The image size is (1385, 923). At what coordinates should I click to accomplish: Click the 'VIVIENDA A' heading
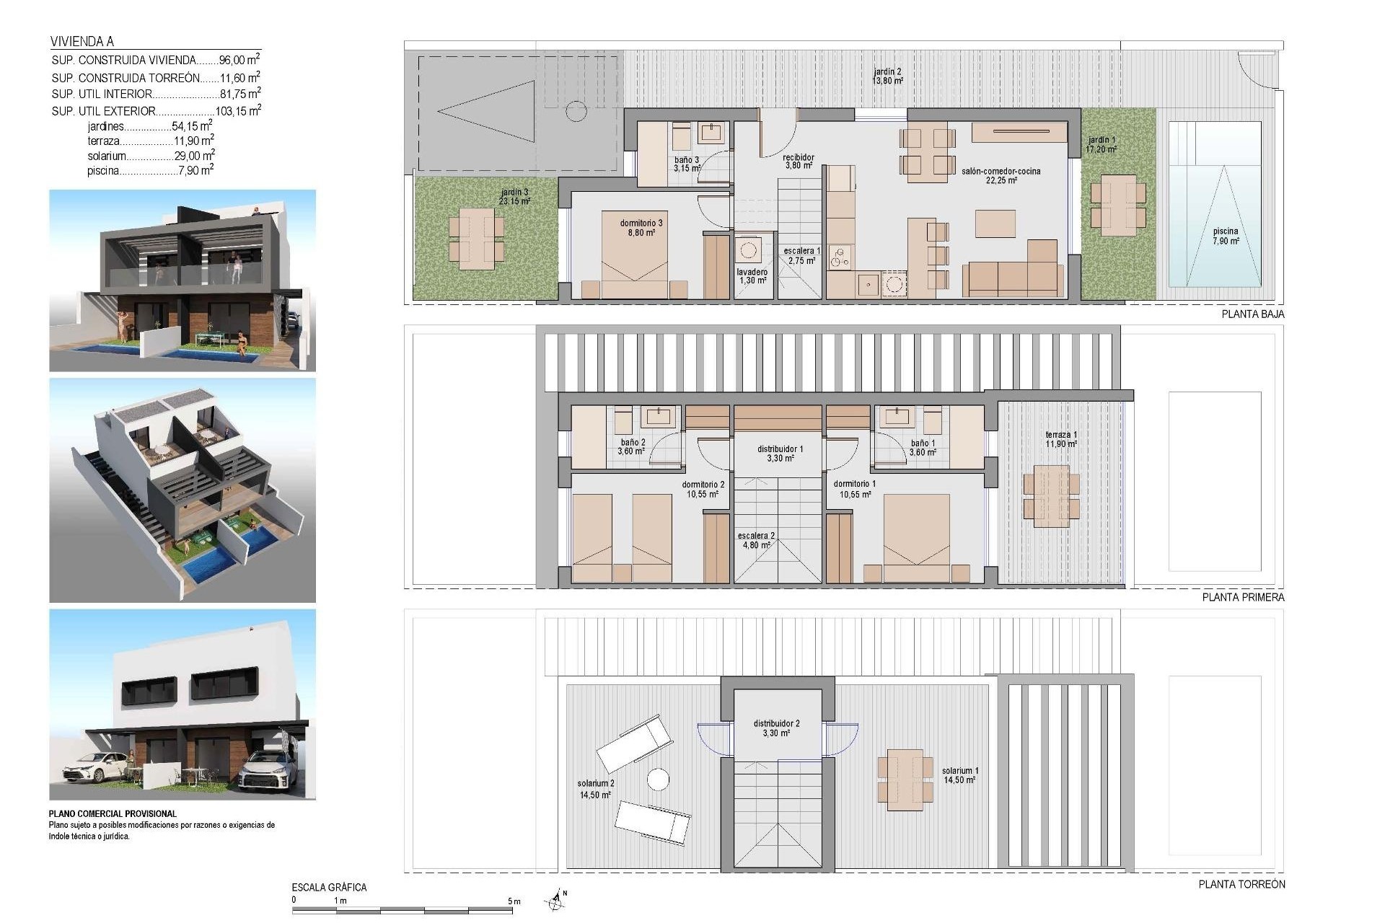coord(82,42)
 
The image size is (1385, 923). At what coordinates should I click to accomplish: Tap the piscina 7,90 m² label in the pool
coord(1226,237)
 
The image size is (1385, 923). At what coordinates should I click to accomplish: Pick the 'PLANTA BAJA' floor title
coord(1252,314)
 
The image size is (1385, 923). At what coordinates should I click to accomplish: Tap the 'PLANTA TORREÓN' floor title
coord(1241,884)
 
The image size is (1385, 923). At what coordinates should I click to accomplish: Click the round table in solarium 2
coord(657,780)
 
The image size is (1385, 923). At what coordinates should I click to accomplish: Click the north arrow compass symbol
coord(555,898)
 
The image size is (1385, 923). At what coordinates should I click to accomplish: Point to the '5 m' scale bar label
coord(514,901)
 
